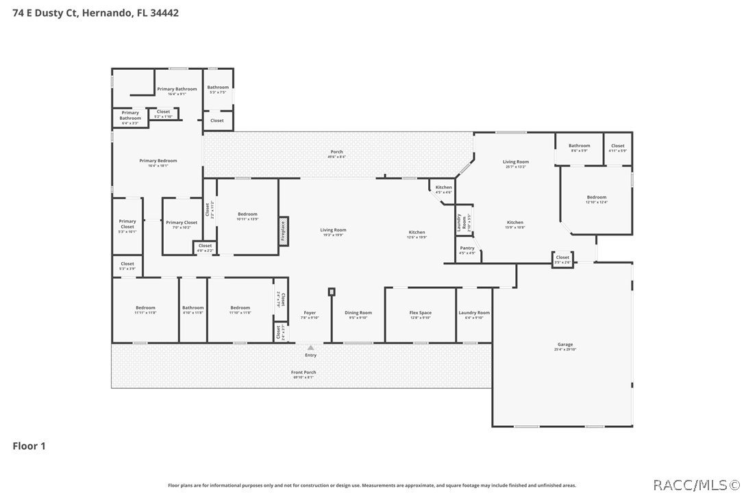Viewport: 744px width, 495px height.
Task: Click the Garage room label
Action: click(565, 346)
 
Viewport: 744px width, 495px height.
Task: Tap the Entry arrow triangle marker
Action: click(310, 348)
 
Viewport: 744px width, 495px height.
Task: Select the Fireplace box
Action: click(282, 231)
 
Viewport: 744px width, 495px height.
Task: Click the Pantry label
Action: click(467, 250)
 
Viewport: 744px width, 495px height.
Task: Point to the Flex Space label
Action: click(420, 314)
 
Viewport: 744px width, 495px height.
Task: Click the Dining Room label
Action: click(358, 314)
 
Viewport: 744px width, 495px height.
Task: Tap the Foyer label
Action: click(310, 314)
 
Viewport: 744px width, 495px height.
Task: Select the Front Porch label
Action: click(304, 374)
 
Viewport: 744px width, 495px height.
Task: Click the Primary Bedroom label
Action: click(158, 162)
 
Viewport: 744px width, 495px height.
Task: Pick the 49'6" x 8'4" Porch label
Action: click(336, 153)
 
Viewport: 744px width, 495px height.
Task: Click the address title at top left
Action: click(96, 12)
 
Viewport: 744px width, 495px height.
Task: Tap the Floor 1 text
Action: click(29, 446)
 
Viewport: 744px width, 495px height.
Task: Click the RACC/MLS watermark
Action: click(695, 485)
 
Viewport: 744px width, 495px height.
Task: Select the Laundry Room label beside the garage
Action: click(474, 314)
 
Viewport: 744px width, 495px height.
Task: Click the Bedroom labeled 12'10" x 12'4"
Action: click(596, 199)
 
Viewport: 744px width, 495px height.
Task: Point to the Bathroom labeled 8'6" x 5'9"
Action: click(579, 147)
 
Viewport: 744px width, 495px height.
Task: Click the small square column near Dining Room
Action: click(332, 292)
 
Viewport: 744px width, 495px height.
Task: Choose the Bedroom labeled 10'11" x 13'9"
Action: click(247, 216)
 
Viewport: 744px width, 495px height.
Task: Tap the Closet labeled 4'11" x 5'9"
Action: click(617, 147)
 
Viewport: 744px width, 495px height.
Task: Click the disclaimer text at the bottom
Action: click(372, 485)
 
